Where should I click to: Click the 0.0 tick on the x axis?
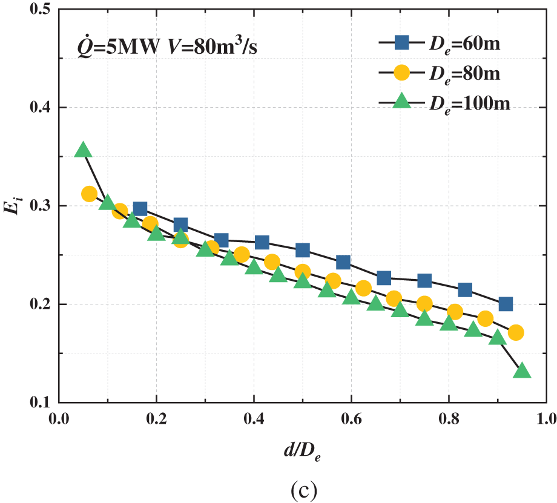pyautogui.click(x=59, y=418)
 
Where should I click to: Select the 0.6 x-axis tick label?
pyautogui.click(x=351, y=418)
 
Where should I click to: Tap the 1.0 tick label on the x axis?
pyautogui.click(x=546, y=418)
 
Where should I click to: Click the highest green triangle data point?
pyautogui.click(x=83, y=150)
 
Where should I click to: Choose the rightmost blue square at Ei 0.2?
pyautogui.click(x=506, y=304)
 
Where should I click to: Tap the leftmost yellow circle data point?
pyautogui.click(x=89, y=194)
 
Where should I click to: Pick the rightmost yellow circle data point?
pyautogui.click(x=516, y=332)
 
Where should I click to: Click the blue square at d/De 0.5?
pyautogui.click(x=303, y=250)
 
